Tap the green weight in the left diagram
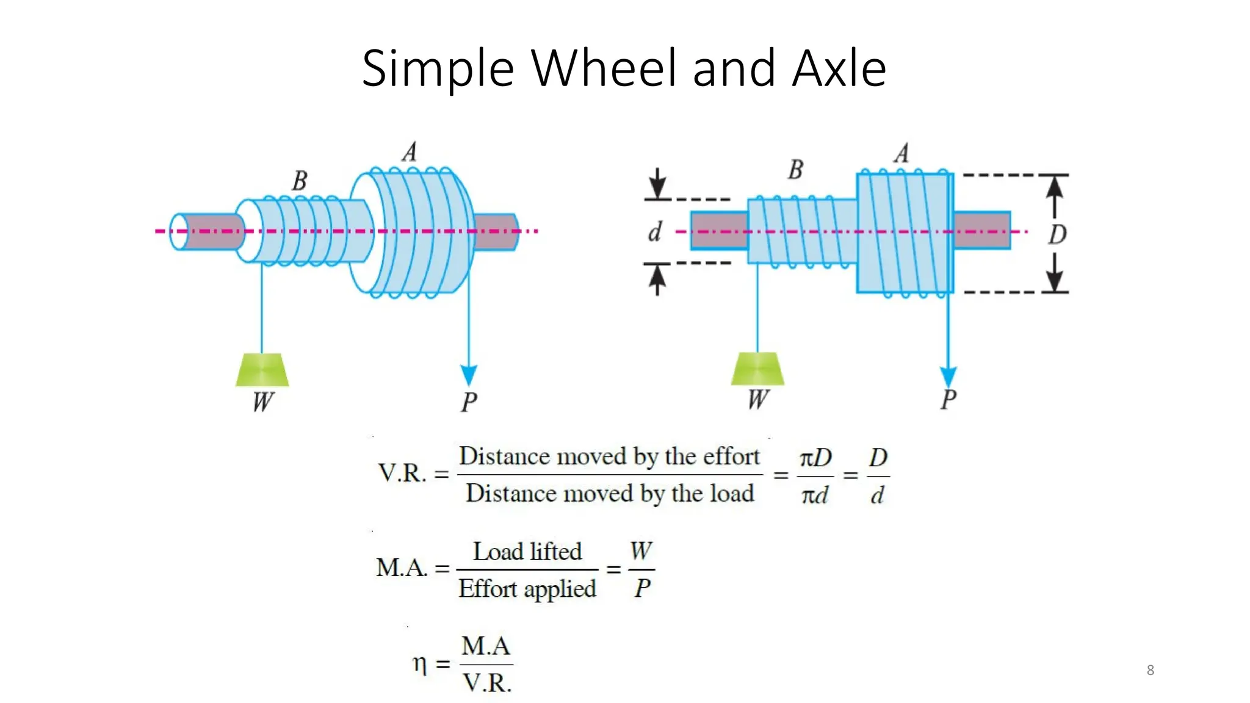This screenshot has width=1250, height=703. [x=262, y=370]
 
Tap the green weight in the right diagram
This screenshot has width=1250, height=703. [x=757, y=369]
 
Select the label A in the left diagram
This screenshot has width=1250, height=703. [x=410, y=152]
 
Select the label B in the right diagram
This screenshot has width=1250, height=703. [x=795, y=170]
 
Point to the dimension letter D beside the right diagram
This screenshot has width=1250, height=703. [x=1057, y=234]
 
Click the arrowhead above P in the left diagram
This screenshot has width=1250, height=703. [x=469, y=374]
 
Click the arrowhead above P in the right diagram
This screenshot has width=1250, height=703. [x=948, y=375]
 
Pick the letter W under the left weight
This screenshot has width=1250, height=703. [x=263, y=402]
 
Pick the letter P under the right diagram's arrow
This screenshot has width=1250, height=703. [x=948, y=400]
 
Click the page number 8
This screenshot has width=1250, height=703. [x=1150, y=670]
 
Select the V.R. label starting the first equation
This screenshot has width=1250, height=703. [x=402, y=474]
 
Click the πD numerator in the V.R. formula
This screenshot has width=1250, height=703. [x=815, y=458]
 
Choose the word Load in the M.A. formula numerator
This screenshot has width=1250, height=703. [x=497, y=552]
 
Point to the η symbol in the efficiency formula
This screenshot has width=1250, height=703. [x=419, y=663]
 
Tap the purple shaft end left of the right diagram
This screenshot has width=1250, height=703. [x=719, y=231]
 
